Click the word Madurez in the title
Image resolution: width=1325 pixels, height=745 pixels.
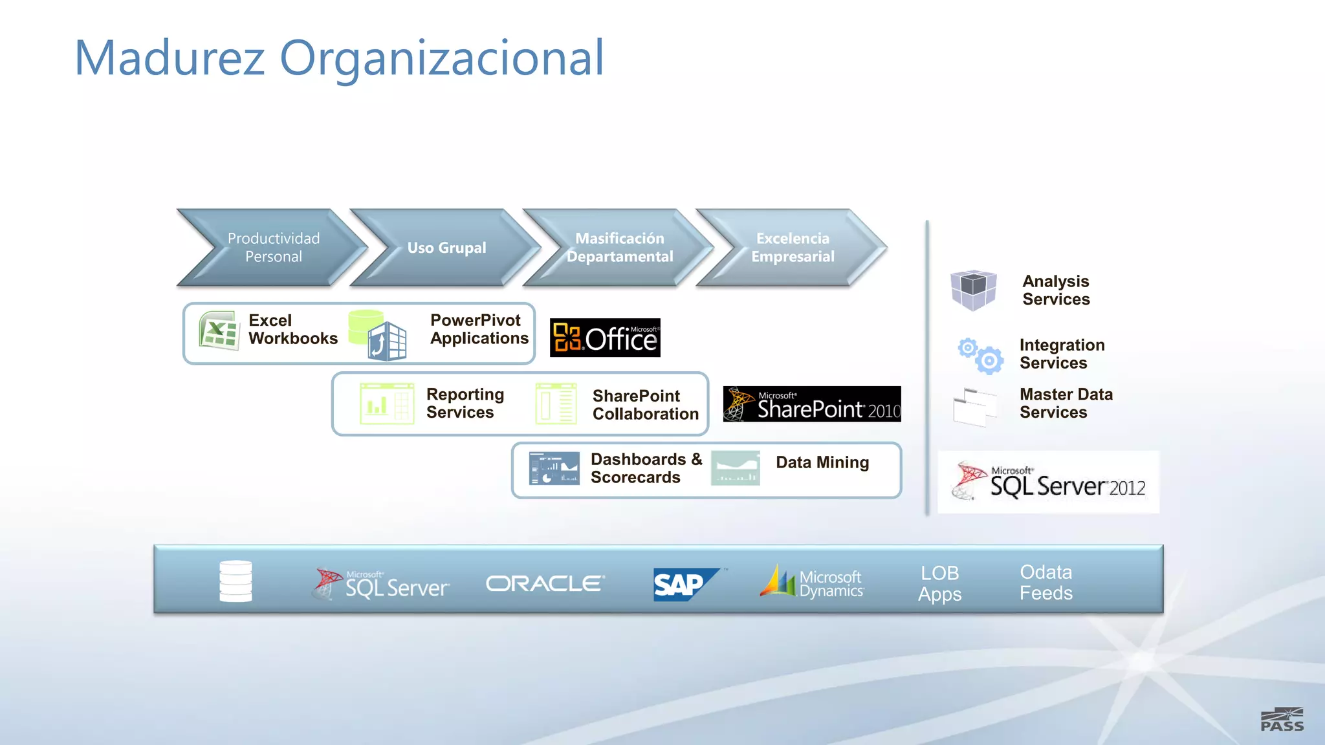tap(170, 58)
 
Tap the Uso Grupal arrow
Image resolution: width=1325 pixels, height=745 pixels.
tap(446, 248)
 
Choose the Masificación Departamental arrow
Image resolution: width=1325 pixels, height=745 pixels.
tap(619, 248)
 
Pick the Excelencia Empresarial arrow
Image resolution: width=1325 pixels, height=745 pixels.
tap(792, 248)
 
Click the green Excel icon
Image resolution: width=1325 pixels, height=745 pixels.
tap(219, 330)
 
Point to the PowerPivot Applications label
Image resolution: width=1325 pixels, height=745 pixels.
tap(479, 329)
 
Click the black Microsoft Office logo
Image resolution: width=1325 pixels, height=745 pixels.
tap(605, 338)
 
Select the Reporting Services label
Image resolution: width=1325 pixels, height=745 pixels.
tap(465, 403)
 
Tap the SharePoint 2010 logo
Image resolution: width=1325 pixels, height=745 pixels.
tap(811, 404)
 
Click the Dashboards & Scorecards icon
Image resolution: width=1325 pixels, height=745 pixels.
tap(554, 468)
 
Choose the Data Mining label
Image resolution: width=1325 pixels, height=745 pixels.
tap(822, 462)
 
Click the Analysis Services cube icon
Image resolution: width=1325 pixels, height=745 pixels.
tap(972, 290)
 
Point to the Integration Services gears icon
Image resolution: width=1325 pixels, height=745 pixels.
tap(981, 355)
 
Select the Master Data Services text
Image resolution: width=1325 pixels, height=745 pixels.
tap(1066, 403)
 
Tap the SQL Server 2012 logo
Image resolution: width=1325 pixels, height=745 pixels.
tap(1048, 482)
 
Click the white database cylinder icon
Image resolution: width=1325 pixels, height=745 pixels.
tap(235, 581)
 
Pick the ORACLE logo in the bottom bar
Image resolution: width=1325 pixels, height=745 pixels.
tap(545, 584)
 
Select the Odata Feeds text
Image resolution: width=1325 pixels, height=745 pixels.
tap(1046, 582)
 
